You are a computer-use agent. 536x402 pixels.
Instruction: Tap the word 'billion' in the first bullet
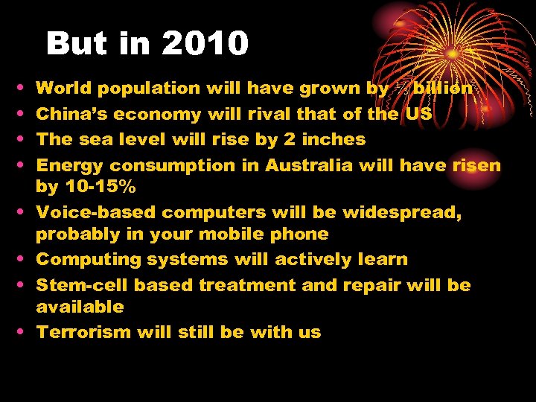point(442,89)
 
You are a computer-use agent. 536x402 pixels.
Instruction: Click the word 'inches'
point(334,139)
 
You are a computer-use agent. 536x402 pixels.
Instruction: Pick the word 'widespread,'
point(402,212)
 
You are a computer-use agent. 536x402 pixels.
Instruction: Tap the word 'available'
point(80,307)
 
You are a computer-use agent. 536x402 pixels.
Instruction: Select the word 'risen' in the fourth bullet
point(476,165)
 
